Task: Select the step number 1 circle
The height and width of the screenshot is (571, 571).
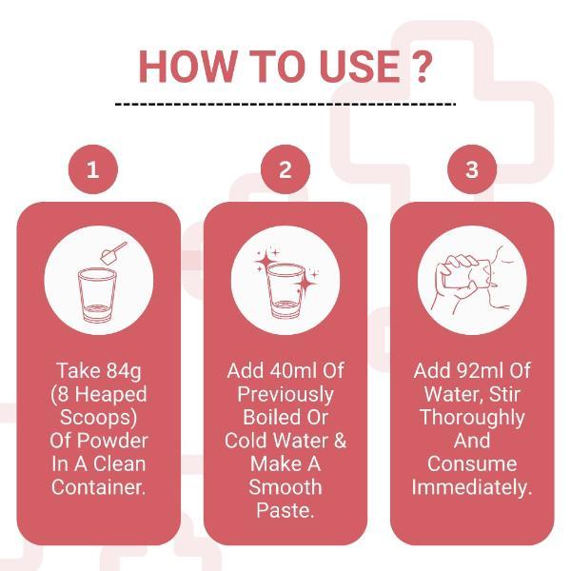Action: [92, 170]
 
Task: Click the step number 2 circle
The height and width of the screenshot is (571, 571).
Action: [285, 170]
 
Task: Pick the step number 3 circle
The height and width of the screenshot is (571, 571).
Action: [472, 170]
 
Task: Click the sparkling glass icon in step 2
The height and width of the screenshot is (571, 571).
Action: [285, 285]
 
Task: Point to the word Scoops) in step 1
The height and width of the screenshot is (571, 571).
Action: [99, 417]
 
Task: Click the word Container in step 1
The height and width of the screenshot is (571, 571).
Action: [97, 487]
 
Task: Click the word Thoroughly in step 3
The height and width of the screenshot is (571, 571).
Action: [472, 417]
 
